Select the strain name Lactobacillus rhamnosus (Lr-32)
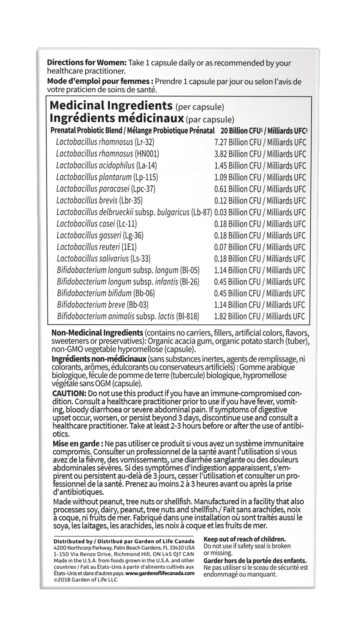click(105, 142)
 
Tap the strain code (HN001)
click(147, 154)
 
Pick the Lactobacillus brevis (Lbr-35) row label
click(100, 200)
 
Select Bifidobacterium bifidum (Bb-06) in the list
click(106, 293)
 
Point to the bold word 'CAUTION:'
click(69, 394)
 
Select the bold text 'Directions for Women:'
click(87, 63)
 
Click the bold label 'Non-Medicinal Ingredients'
click(97, 333)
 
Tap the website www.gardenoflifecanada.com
click(160, 573)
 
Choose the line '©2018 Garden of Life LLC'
click(85, 580)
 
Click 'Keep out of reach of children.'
click(245, 539)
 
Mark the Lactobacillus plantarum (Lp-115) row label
click(107, 177)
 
